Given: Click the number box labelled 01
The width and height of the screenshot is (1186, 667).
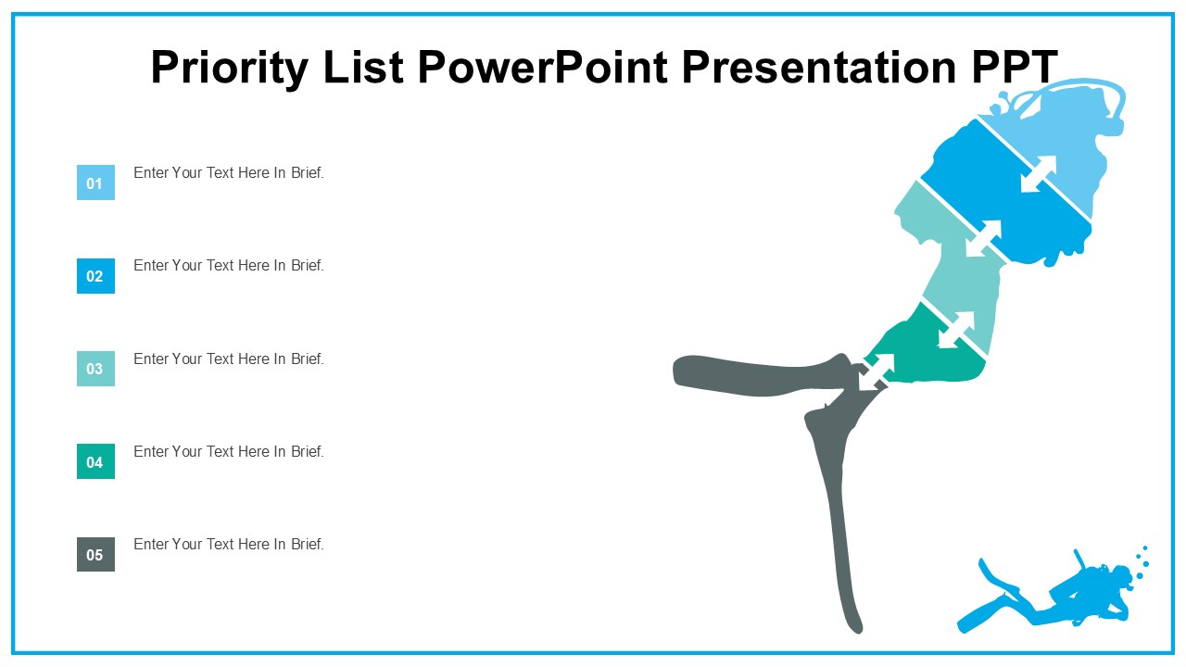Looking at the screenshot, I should pyautogui.click(x=95, y=182).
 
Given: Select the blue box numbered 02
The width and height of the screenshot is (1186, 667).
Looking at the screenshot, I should pyautogui.click(x=95, y=276).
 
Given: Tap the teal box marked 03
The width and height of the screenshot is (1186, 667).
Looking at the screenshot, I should pyautogui.click(x=95, y=369).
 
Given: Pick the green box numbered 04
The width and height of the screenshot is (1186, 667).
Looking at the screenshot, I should pyautogui.click(x=95, y=461).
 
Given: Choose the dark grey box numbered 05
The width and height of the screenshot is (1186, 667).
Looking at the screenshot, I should pyautogui.click(x=95, y=554).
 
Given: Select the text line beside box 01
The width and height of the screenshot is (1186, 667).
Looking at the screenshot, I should pyautogui.click(x=229, y=172).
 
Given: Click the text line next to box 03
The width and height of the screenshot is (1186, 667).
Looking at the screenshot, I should pyautogui.click(x=229, y=359).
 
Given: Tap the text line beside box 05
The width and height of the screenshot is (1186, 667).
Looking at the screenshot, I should pyautogui.click(x=229, y=544).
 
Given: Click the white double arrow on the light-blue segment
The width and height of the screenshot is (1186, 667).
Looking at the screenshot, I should pyautogui.click(x=1039, y=174).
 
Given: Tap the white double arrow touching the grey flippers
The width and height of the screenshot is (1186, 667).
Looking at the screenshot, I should pyautogui.click(x=877, y=371).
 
